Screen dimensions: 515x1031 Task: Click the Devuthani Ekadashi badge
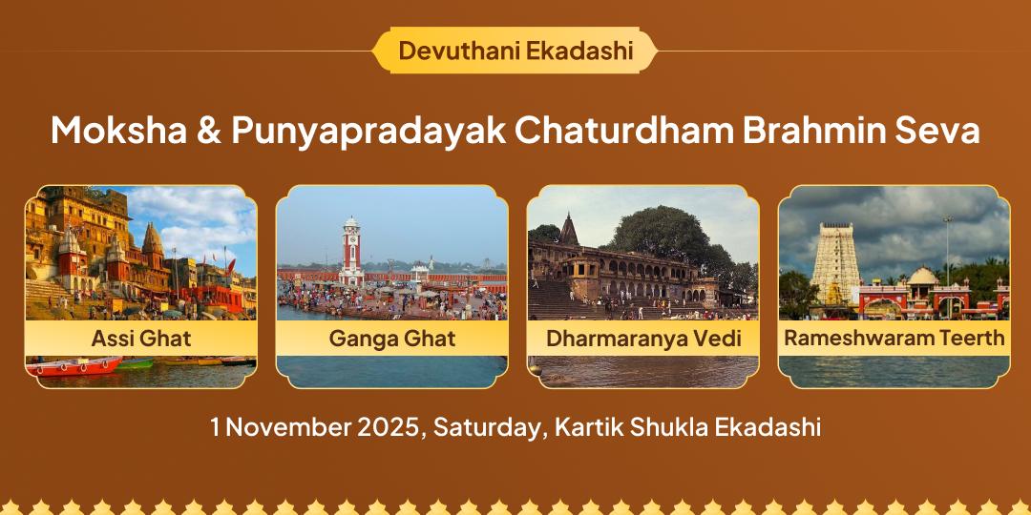(515, 51)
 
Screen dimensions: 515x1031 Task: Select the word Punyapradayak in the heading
(368, 130)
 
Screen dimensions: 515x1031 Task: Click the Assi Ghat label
(141, 338)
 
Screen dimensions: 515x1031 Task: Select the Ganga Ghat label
(392, 338)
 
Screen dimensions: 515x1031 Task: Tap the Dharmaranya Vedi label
(643, 338)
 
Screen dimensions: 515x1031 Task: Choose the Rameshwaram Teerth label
(894, 338)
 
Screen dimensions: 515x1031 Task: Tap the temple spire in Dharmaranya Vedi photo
(570, 230)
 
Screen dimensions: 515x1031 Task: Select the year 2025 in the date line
(389, 426)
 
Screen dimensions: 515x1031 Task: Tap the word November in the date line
(287, 426)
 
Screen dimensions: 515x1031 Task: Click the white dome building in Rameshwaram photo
(922, 278)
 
